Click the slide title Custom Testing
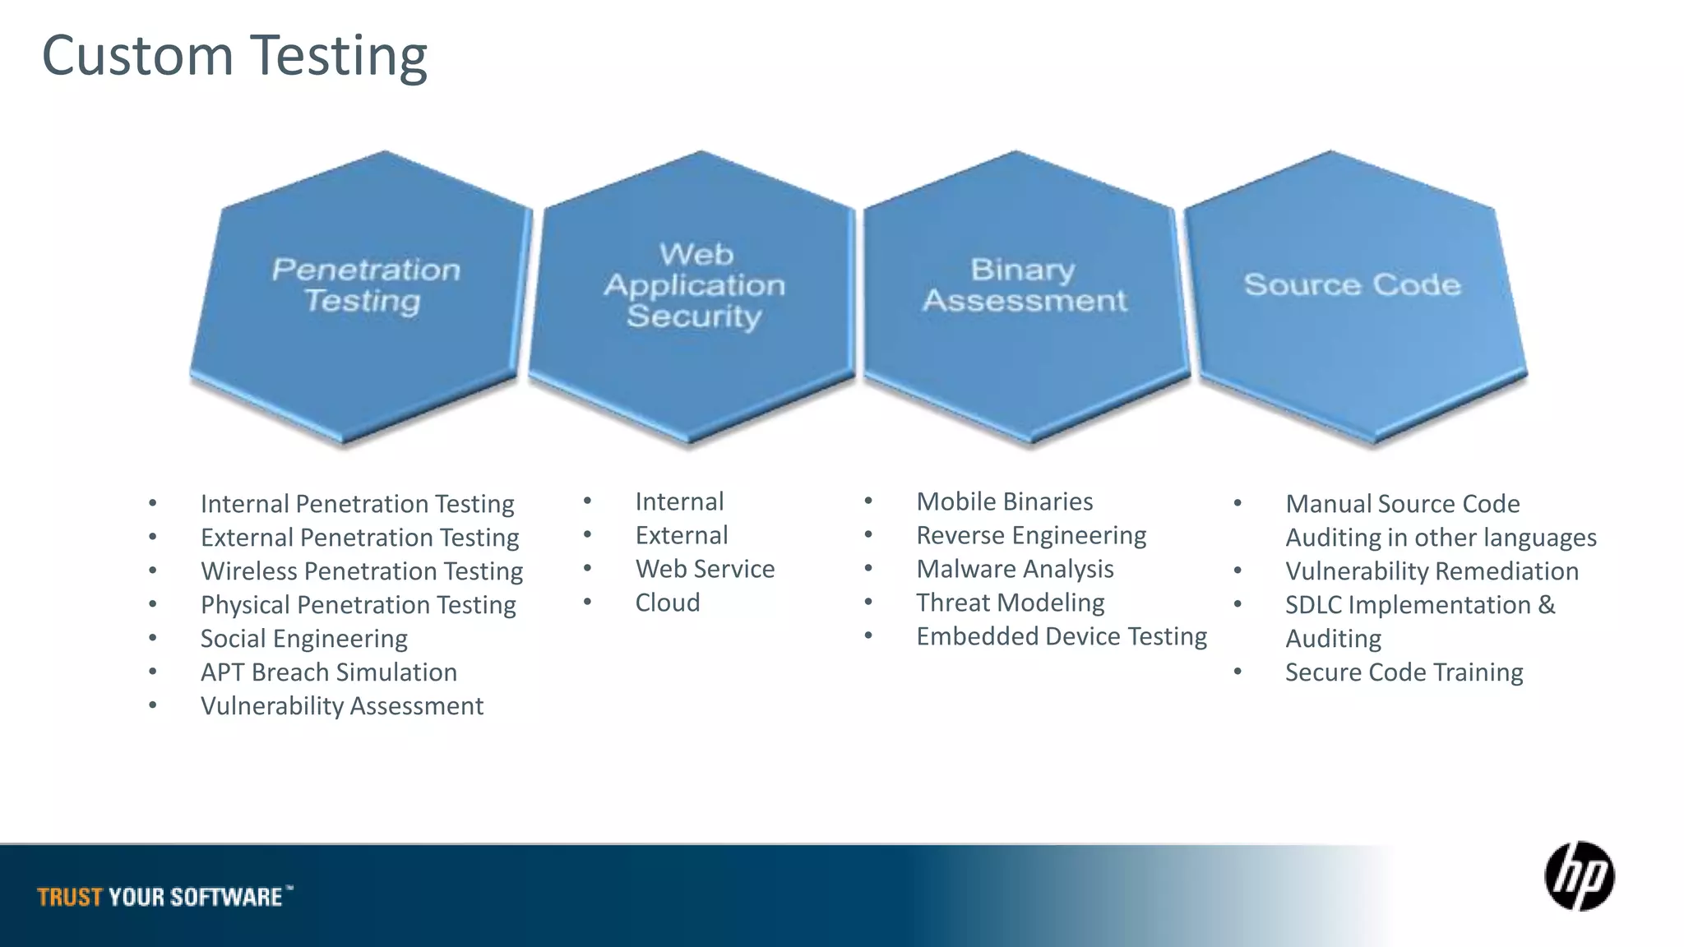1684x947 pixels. tap(234, 56)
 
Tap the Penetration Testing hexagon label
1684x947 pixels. tap(365, 285)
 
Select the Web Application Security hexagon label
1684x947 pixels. tap(695, 285)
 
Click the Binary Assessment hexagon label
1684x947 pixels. tap(1024, 285)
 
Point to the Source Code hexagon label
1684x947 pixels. tap(1352, 284)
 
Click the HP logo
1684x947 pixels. tap(1579, 876)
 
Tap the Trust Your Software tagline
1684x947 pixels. tap(160, 897)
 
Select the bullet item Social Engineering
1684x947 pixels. tap(304, 639)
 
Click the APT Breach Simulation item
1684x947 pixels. tap(329, 672)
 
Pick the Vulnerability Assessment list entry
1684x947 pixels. tap(342, 706)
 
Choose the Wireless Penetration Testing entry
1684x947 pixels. tap(362, 571)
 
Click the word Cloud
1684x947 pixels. tap(668, 603)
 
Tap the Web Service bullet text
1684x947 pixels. tap(705, 569)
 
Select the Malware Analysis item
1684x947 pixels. tap(1015, 569)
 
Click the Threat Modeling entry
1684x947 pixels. tap(1011, 603)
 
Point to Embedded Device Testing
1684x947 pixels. tap(1062, 636)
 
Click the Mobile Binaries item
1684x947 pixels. tap(1005, 501)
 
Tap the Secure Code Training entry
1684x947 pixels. tap(1404, 672)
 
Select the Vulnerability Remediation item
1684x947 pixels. tap(1432, 571)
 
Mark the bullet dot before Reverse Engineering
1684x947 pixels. tap(868, 535)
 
